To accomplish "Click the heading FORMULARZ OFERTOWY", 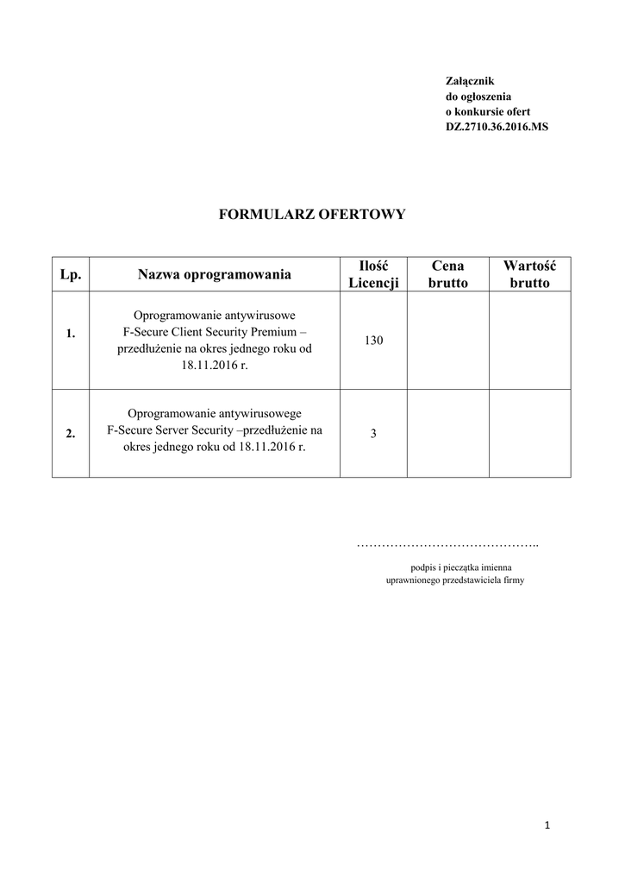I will [x=312, y=214].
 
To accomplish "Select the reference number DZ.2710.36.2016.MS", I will [x=497, y=127].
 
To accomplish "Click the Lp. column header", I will [x=71, y=274].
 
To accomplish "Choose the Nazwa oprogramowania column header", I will [x=214, y=274].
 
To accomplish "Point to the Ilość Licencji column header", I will [x=373, y=274].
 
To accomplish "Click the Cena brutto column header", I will [x=448, y=274].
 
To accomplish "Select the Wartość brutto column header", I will [x=529, y=274].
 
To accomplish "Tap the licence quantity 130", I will [x=373, y=341].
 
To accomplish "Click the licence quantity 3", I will [x=373, y=434].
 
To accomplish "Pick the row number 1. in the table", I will [x=71, y=334].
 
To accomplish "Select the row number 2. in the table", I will [x=71, y=434].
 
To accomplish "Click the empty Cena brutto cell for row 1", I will [x=448, y=341].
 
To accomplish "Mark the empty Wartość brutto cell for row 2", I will [x=529, y=434].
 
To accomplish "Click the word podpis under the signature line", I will [x=422, y=567].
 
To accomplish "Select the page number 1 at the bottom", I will [x=547, y=825].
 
